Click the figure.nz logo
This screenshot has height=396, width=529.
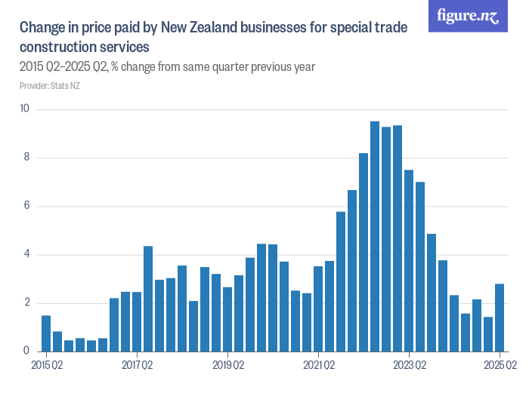(x=468, y=16)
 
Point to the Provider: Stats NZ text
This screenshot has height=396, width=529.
(x=50, y=86)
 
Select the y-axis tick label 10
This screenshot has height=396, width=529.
(x=25, y=109)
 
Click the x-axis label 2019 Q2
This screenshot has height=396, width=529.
(x=227, y=366)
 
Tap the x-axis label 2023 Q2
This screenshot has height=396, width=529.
(x=409, y=366)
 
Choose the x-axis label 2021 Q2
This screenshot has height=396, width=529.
(x=318, y=366)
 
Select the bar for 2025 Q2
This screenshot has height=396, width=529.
(x=500, y=318)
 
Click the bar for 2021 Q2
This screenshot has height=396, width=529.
(x=318, y=309)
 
